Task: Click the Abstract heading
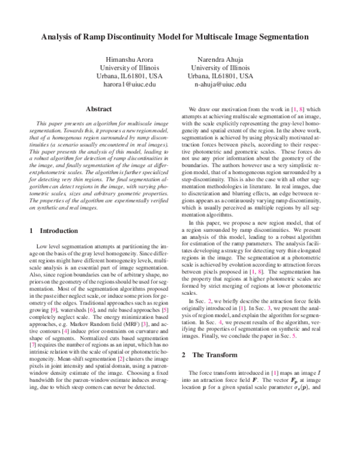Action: (100, 109)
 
